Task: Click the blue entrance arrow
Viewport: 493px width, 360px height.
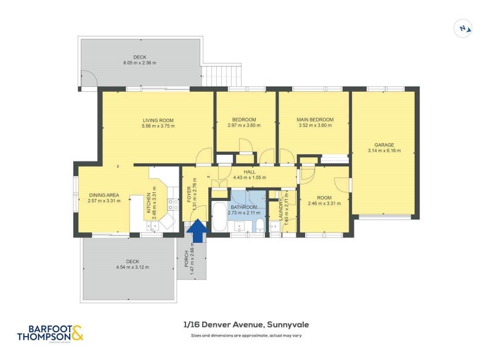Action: coord(197,232)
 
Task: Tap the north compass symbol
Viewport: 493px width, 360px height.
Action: coord(463,28)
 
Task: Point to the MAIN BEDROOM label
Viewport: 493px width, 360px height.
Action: coord(314,120)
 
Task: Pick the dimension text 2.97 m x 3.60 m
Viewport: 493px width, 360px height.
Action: coord(244,125)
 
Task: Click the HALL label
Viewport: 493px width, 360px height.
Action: coord(248,173)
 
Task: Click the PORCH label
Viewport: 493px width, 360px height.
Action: coord(186,258)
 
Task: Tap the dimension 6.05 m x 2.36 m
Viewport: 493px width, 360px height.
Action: coord(139,63)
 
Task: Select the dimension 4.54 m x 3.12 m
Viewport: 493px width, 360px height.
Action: coord(132,267)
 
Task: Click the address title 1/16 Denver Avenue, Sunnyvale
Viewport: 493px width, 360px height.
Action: coord(246,325)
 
